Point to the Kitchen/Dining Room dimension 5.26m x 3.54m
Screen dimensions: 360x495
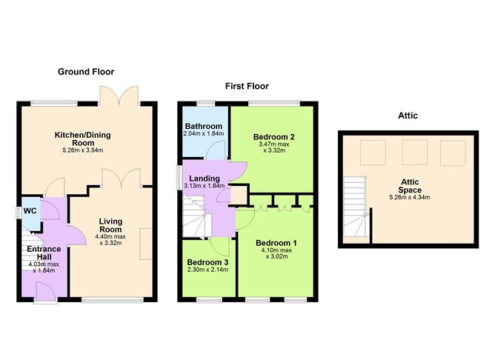[x=88, y=150]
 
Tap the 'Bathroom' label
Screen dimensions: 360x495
[x=202, y=125]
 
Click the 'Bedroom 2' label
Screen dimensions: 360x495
[x=274, y=137]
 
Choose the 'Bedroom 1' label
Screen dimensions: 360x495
[x=276, y=243]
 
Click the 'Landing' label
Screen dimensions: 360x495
[x=203, y=179]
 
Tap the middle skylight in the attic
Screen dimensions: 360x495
[x=413, y=153]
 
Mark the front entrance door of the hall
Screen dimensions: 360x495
[x=44, y=295]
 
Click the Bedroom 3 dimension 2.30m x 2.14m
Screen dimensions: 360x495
[x=207, y=272]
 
